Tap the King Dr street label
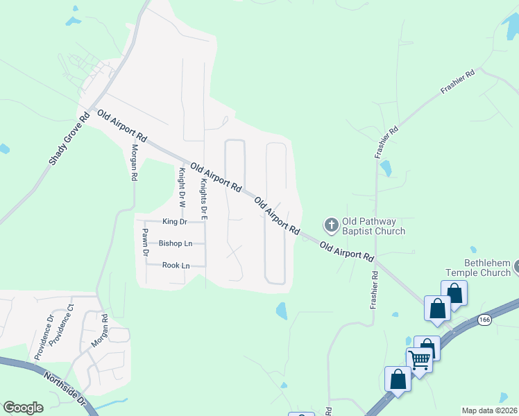[x=174, y=222]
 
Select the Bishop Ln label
[x=176, y=243]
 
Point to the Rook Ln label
[x=176, y=266]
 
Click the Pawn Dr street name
[x=146, y=242]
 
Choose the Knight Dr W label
[x=182, y=188]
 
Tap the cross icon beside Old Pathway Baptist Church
[x=331, y=225]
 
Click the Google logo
[x=23, y=408]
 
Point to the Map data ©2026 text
[x=489, y=410]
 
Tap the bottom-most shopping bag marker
[x=398, y=379]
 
